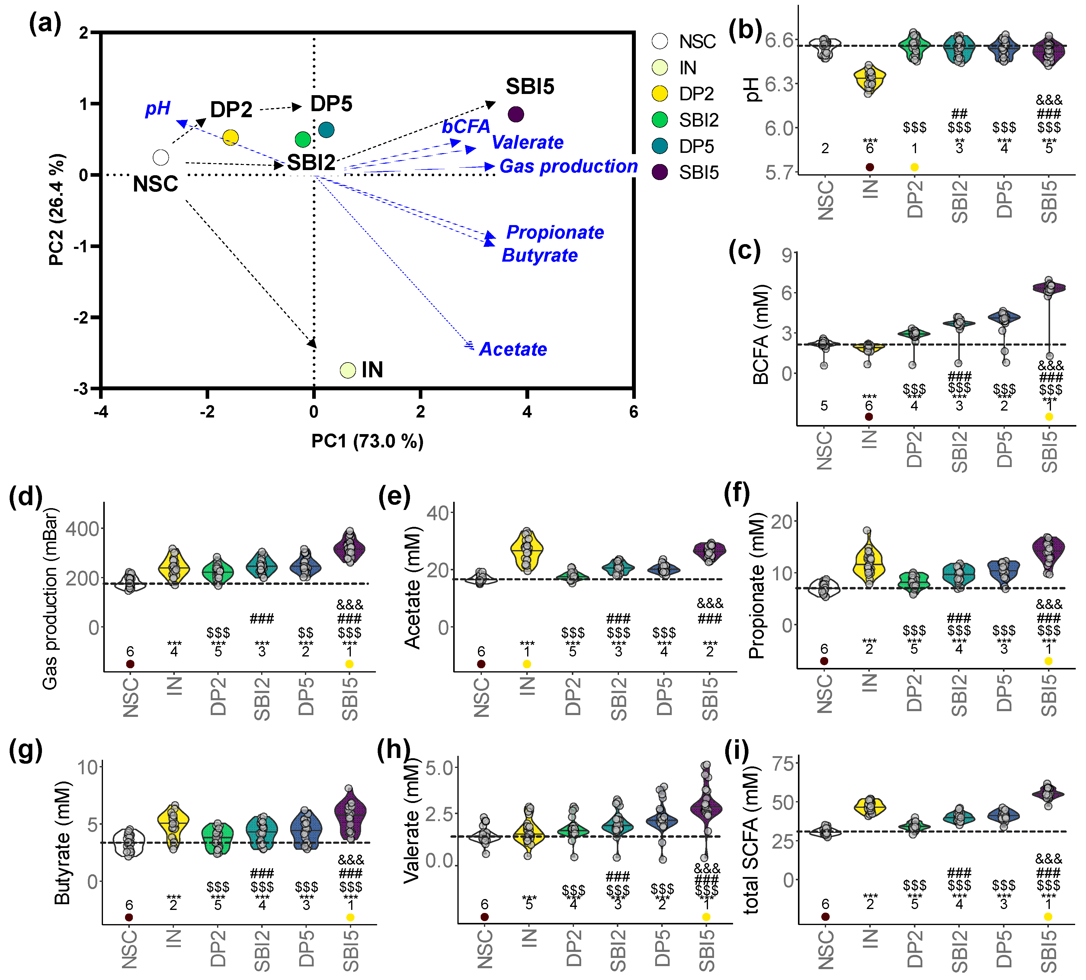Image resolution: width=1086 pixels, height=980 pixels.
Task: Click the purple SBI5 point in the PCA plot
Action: coord(516,114)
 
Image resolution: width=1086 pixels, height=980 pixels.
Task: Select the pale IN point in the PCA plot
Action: coord(348,370)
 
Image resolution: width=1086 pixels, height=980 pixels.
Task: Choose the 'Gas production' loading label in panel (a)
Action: coord(568,166)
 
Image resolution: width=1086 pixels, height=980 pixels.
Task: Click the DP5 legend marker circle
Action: coord(659,146)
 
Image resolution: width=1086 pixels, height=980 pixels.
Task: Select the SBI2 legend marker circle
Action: coord(659,120)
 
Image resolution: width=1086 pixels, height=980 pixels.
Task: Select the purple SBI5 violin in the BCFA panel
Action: coord(1049,288)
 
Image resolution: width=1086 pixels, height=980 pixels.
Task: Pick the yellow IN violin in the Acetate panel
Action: coord(527,550)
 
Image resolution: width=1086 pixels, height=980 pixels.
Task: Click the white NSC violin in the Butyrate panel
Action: coord(129,842)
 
